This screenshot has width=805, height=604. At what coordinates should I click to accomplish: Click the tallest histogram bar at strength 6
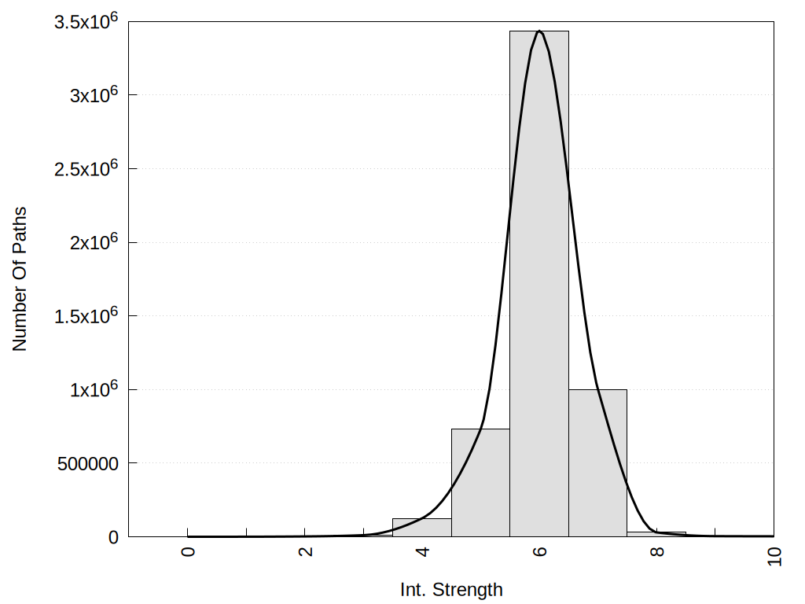click(539, 283)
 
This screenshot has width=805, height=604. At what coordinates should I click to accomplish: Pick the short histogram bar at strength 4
click(421, 528)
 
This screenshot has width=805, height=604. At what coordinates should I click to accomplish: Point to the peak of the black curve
click(539, 31)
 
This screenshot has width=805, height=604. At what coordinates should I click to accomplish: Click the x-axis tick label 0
click(188, 551)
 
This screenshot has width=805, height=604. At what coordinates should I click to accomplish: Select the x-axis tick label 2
click(305, 551)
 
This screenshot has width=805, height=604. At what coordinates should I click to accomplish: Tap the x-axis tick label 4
click(422, 551)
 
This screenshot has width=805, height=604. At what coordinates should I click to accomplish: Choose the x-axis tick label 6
click(539, 551)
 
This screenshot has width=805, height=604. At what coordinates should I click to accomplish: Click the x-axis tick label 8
click(657, 551)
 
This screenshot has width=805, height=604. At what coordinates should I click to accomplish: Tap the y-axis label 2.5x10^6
click(86, 168)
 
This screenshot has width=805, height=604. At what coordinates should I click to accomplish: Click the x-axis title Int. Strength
click(451, 589)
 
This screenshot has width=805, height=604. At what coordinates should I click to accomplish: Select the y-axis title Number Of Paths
click(20, 278)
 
